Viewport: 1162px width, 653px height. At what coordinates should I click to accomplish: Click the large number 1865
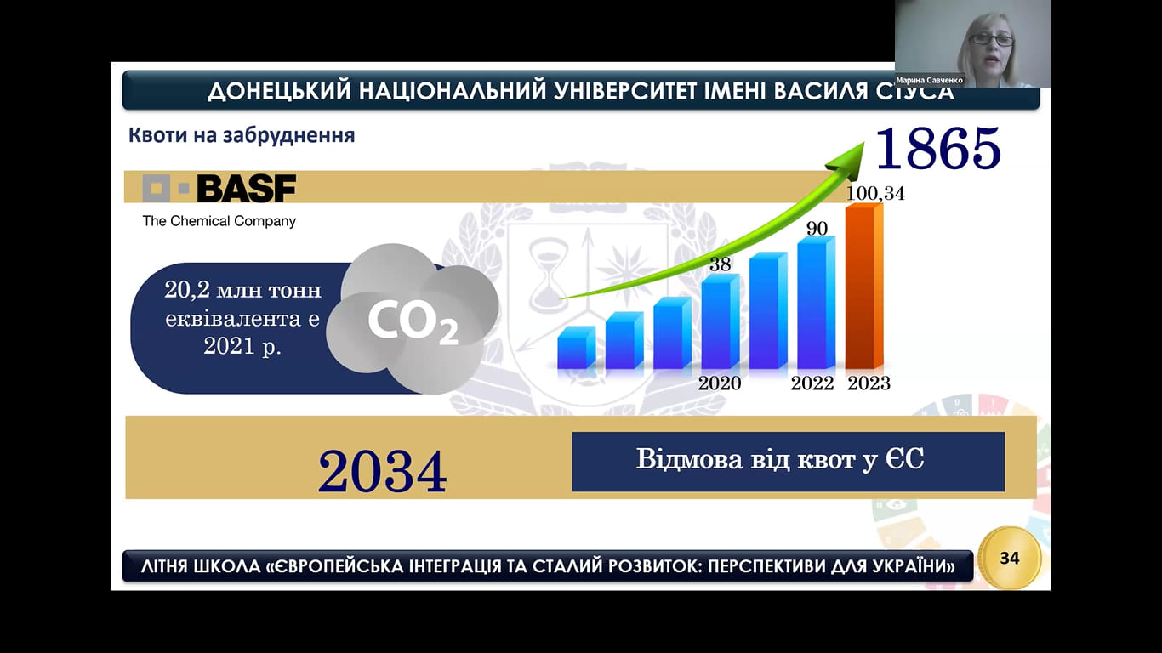[938, 149]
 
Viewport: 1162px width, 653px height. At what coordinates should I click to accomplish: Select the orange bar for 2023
[864, 287]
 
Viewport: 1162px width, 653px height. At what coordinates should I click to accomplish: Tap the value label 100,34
[875, 194]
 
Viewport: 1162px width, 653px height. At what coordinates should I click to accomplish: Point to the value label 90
[817, 228]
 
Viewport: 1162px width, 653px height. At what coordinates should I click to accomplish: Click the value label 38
[720, 264]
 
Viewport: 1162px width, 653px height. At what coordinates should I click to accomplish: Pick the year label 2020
[719, 383]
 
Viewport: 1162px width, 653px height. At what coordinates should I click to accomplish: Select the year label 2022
[812, 383]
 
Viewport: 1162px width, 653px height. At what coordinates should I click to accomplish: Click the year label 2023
[869, 383]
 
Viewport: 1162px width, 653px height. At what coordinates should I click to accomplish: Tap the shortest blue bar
[577, 348]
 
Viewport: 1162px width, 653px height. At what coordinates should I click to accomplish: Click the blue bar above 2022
[817, 303]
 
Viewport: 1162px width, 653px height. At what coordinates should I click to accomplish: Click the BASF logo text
[247, 188]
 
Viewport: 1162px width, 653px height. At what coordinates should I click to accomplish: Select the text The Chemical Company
[219, 221]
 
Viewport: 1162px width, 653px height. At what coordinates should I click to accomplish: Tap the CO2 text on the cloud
[413, 322]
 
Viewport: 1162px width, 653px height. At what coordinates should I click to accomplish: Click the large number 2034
[382, 471]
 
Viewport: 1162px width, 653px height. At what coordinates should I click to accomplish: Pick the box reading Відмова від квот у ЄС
[788, 462]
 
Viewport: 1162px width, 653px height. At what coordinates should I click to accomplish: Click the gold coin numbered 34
[1010, 558]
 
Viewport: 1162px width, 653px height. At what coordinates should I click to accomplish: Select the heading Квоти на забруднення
[242, 135]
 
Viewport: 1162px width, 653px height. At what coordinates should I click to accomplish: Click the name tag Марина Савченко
[930, 80]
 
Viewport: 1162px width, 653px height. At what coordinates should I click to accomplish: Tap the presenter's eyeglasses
[990, 39]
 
